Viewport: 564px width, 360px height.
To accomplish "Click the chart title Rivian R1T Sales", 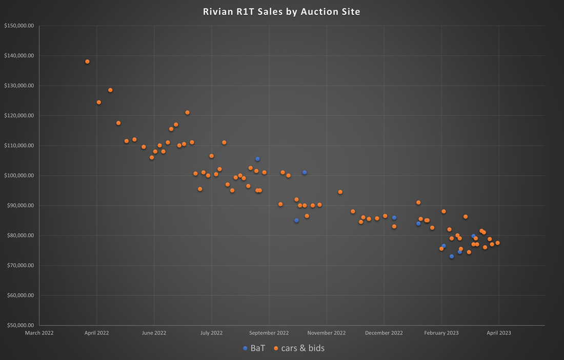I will [x=281, y=11].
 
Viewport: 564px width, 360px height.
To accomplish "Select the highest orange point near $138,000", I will [x=87, y=62].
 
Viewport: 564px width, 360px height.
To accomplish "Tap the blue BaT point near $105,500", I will [x=257, y=159].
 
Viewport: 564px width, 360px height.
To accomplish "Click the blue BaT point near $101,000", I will [x=305, y=172].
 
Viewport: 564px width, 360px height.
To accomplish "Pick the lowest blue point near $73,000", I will [x=452, y=256].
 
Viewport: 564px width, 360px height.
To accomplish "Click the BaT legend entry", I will [x=254, y=348].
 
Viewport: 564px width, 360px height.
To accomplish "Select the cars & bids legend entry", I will [x=299, y=348].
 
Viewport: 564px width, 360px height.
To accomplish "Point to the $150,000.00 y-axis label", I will [x=18, y=26].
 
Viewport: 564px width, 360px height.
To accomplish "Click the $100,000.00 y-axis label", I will [x=18, y=175].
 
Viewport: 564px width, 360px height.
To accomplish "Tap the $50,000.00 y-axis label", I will [x=19, y=325].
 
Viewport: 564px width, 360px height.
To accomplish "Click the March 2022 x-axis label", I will [x=39, y=333].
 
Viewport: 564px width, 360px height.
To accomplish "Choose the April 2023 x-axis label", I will [x=498, y=333].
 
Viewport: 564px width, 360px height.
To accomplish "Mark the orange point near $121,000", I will [x=187, y=112].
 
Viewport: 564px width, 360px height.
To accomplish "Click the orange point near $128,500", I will [x=110, y=90].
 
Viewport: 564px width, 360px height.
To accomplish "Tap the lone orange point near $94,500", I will [x=340, y=192].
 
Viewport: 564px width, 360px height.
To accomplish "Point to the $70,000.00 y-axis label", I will [x=19, y=265].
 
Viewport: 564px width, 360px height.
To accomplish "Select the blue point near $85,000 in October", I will [x=296, y=221].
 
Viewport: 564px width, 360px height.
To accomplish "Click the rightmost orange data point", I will [x=497, y=243].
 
